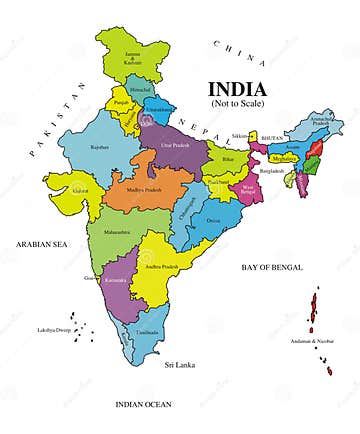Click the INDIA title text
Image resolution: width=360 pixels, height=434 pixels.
coord(237,88)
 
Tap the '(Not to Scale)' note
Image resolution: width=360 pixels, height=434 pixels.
coord(237,103)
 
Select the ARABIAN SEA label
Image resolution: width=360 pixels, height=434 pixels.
coord(39,243)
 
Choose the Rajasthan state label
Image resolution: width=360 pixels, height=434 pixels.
coord(100,148)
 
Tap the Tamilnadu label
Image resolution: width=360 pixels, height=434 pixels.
coord(149,331)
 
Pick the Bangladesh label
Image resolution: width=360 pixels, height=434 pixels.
coord(271,171)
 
